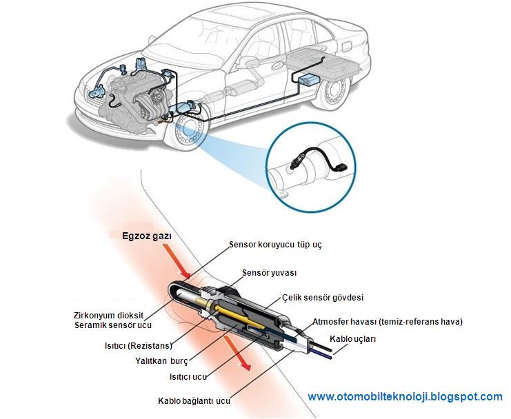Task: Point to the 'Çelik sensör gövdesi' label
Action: [x=323, y=298]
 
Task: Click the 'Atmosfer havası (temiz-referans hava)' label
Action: [x=388, y=321]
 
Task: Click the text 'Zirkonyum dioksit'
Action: [x=112, y=314]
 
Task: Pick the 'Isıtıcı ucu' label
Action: [x=189, y=377]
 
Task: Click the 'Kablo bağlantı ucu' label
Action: [x=194, y=400]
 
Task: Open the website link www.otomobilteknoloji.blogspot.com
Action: [x=405, y=396]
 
